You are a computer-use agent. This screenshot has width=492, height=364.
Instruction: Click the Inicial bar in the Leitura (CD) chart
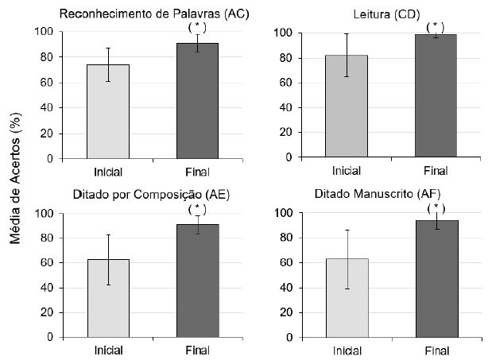coord(347,106)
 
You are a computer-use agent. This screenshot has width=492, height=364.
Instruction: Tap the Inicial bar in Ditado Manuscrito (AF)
coord(347,297)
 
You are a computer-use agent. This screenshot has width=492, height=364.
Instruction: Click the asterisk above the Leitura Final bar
coord(434,25)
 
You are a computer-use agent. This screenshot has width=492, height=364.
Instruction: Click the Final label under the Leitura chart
coord(435,171)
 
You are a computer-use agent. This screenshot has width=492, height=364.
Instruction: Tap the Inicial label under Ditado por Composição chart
coord(107,350)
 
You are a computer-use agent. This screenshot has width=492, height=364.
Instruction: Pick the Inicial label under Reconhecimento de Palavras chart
coord(107,170)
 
